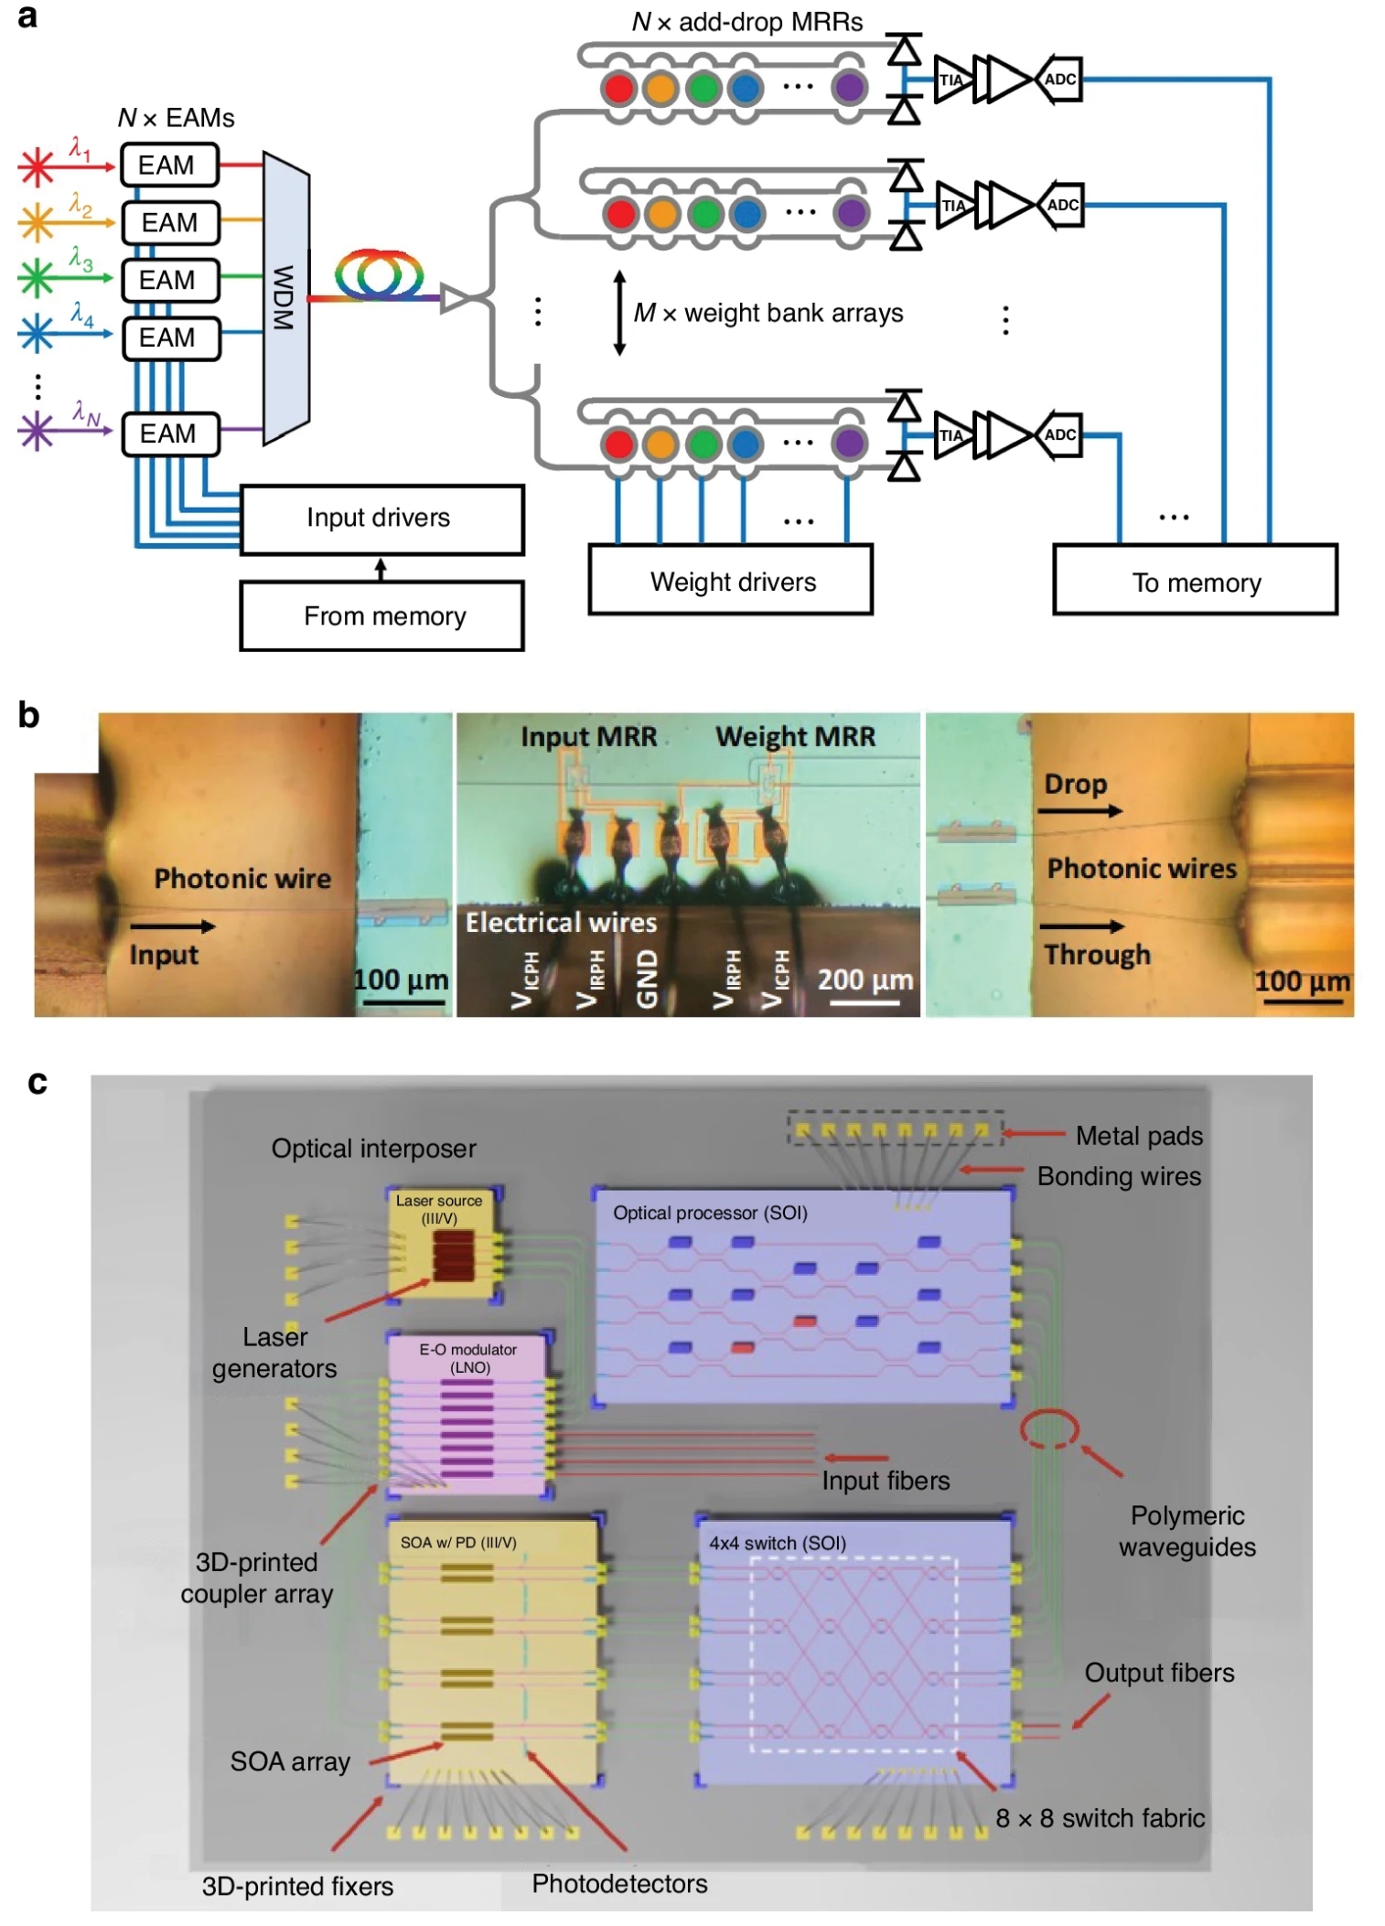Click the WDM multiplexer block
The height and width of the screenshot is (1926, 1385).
(x=285, y=297)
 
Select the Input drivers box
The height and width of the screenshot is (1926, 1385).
(x=381, y=519)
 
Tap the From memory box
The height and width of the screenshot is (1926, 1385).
(x=381, y=615)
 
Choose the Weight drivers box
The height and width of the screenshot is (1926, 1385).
(x=731, y=581)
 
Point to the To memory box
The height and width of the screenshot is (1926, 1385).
(x=1195, y=581)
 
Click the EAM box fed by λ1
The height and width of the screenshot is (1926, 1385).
(x=169, y=166)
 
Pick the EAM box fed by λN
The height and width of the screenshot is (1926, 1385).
(x=170, y=433)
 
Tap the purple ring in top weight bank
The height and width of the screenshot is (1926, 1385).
(x=848, y=88)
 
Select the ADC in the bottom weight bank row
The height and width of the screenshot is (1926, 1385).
(x=1059, y=434)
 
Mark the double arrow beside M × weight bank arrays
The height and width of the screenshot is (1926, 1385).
(x=619, y=313)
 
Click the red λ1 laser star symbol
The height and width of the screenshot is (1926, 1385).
(x=37, y=166)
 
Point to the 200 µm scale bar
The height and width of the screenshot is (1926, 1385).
(x=864, y=1003)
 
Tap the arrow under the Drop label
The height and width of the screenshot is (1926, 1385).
(x=1079, y=810)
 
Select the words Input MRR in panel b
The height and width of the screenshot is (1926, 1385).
(x=588, y=736)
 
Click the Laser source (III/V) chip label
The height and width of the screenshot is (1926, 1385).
(x=439, y=1208)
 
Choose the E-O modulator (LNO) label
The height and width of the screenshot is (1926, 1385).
(x=468, y=1357)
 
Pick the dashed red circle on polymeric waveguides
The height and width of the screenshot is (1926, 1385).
(x=1049, y=1428)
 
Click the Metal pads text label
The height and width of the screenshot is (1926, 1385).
(x=1139, y=1135)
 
